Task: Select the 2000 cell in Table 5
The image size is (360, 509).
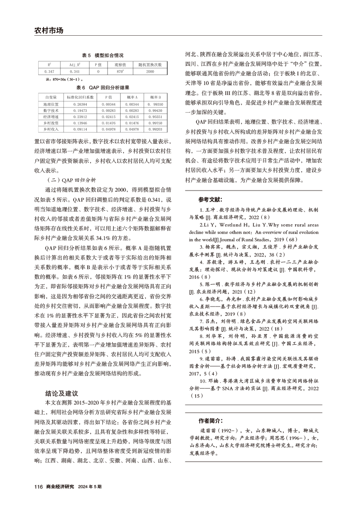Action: click(150, 71)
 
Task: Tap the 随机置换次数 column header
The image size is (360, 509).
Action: click(150, 65)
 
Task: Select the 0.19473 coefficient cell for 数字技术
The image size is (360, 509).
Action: click(80, 111)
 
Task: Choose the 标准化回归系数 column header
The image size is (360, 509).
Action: click(80, 97)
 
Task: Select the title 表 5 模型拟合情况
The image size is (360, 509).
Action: click(103, 55)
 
